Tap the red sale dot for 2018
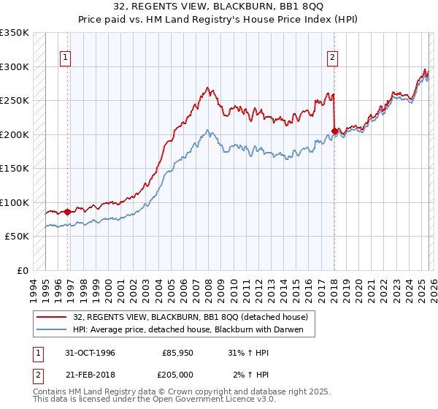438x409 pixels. tap(334, 131)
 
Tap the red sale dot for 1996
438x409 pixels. tap(68, 212)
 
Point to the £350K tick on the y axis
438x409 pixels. tap(15, 33)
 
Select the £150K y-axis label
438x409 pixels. tap(15, 169)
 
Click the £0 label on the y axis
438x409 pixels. tap(21, 270)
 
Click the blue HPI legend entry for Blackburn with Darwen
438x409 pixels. tap(193, 329)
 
